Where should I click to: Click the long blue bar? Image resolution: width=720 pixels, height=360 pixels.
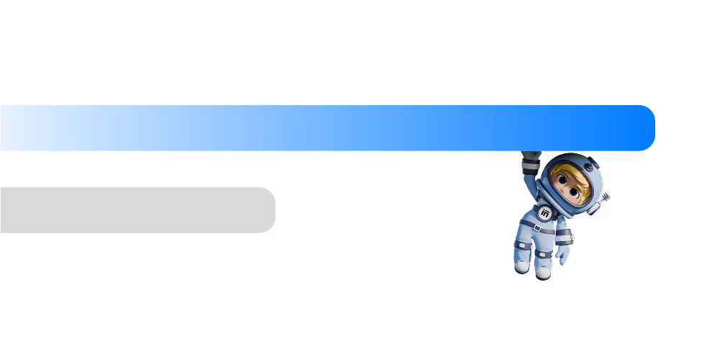pos(324,128)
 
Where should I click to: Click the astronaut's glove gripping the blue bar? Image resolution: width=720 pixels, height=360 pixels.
pos(531,155)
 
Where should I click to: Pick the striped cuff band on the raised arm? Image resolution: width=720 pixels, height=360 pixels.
pos(531,166)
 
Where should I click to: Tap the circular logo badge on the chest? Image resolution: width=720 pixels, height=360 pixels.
pos(545,213)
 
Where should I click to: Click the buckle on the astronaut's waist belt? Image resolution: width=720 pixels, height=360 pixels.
pos(537,228)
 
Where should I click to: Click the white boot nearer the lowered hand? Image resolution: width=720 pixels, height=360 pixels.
pos(544,271)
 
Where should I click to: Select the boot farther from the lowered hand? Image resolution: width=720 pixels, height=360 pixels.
pos(521,266)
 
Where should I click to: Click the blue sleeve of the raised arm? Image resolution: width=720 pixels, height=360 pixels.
pos(535,187)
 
